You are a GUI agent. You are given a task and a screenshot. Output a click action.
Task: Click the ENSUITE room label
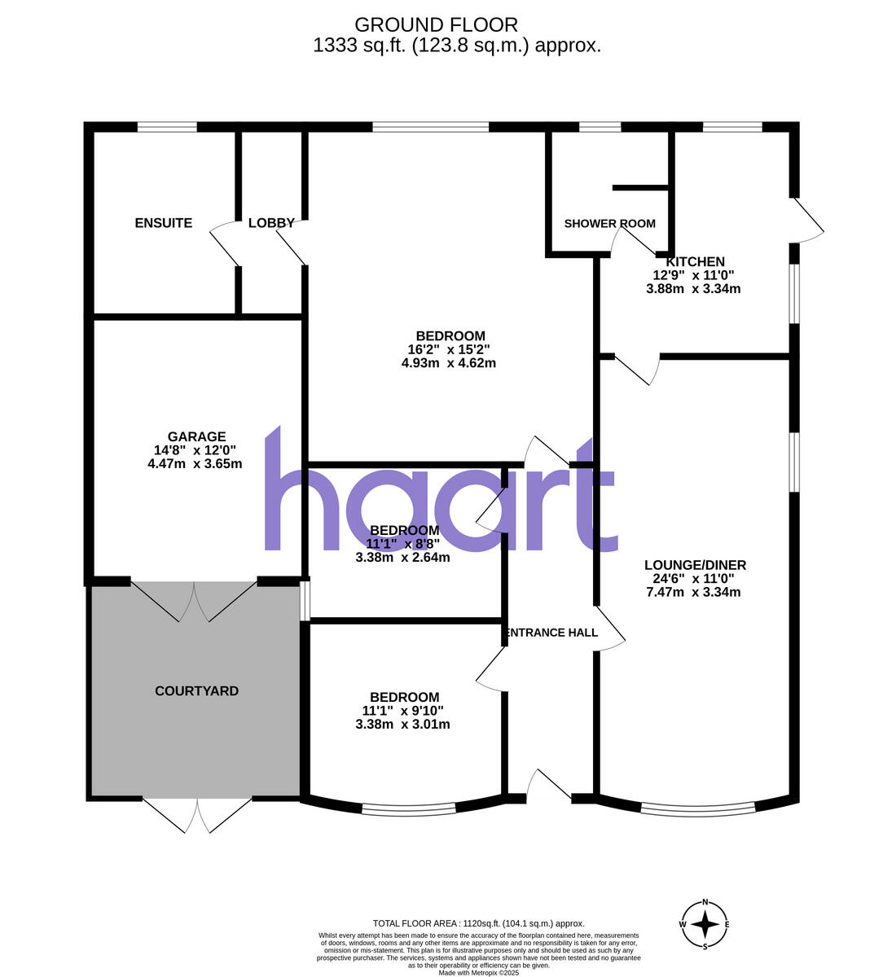point(163,223)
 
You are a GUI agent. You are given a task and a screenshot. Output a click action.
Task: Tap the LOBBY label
point(271,223)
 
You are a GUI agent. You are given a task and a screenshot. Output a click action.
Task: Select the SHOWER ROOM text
point(609,224)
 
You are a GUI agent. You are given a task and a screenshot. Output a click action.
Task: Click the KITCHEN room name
point(695,262)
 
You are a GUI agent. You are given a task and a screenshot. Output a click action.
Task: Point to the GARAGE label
point(196,437)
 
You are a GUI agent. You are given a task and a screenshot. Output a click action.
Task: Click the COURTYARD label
point(196,691)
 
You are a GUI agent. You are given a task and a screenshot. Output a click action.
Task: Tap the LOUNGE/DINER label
point(695,565)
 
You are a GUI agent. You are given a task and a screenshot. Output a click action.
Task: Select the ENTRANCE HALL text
point(552,633)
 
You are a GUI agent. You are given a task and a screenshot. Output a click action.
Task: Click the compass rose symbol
point(705,924)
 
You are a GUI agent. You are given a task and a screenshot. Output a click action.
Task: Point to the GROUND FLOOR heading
point(436,26)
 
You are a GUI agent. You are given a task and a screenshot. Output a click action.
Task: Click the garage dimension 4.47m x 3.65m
point(195,464)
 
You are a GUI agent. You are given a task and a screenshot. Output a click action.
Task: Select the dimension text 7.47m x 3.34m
point(693,592)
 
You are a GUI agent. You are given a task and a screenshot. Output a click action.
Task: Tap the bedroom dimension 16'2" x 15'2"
point(449,350)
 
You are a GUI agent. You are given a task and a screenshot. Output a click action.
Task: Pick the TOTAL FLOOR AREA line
point(478,923)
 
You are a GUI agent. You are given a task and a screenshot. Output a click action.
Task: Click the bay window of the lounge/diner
point(697,809)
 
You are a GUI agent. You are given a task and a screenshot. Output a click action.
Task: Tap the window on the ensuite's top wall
point(167,127)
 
